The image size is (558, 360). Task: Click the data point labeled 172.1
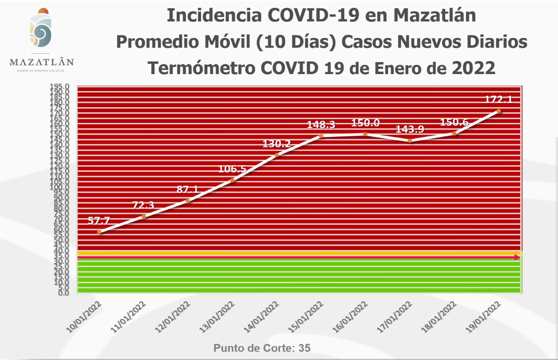click(x=499, y=111)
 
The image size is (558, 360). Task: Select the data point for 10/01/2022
click(x=99, y=232)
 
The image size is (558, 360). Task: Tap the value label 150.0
click(x=365, y=123)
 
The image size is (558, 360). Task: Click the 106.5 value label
click(x=232, y=169)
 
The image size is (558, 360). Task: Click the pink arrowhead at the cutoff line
click(x=517, y=257)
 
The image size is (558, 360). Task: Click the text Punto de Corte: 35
click(x=262, y=348)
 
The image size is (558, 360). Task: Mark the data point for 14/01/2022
click(x=277, y=155)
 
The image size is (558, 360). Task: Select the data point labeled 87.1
click(x=188, y=200)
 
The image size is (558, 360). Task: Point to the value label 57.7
click(x=99, y=221)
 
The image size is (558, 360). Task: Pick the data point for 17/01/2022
click(x=409, y=140)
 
